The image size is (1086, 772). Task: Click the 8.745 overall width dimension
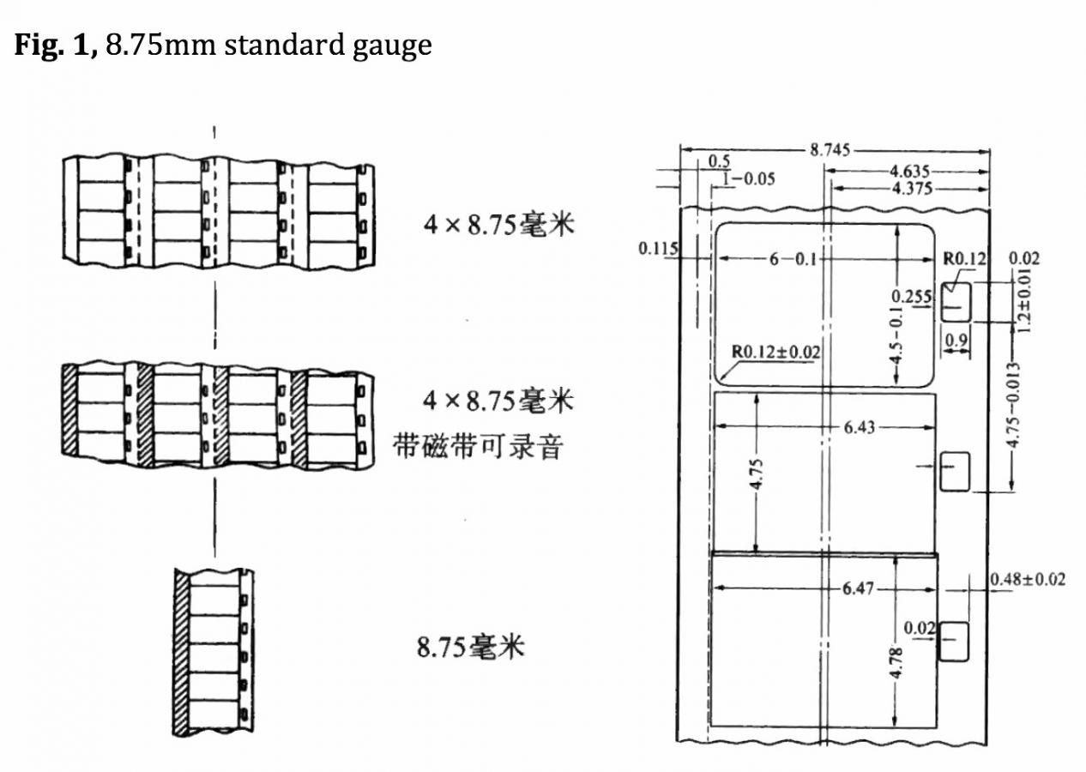pyautogui.click(x=830, y=150)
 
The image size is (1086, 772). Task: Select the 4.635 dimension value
pyautogui.click(x=909, y=172)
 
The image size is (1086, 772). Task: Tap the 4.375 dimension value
pyautogui.click(x=912, y=188)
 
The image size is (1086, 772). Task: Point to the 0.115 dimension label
pyautogui.click(x=658, y=248)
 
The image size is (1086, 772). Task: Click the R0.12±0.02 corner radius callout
pyautogui.click(x=775, y=352)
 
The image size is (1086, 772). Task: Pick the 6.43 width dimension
pyautogui.click(x=859, y=427)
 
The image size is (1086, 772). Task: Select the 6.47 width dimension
pyautogui.click(x=858, y=588)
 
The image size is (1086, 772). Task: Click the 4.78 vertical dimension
pyautogui.click(x=897, y=663)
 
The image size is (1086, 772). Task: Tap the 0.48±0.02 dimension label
pyautogui.click(x=1028, y=579)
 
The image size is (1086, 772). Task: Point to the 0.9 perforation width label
pyautogui.click(x=956, y=340)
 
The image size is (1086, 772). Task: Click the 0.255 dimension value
pyautogui.click(x=912, y=296)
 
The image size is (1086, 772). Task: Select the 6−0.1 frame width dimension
pyautogui.click(x=793, y=259)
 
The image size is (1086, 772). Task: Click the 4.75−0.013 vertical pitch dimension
pyautogui.click(x=1013, y=404)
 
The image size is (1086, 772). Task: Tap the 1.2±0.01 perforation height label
pyautogui.click(x=1024, y=301)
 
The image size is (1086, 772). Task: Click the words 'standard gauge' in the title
pyautogui.click(x=329, y=46)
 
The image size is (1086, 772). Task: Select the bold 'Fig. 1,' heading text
pyautogui.click(x=57, y=45)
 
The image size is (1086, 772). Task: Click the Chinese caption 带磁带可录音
pyautogui.click(x=478, y=447)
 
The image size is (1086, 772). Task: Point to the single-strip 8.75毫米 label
pyautogui.click(x=470, y=647)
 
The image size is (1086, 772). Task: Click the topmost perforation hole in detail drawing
pyautogui.click(x=956, y=302)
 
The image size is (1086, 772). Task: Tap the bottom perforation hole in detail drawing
pyautogui.click(x=954, y=642)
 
